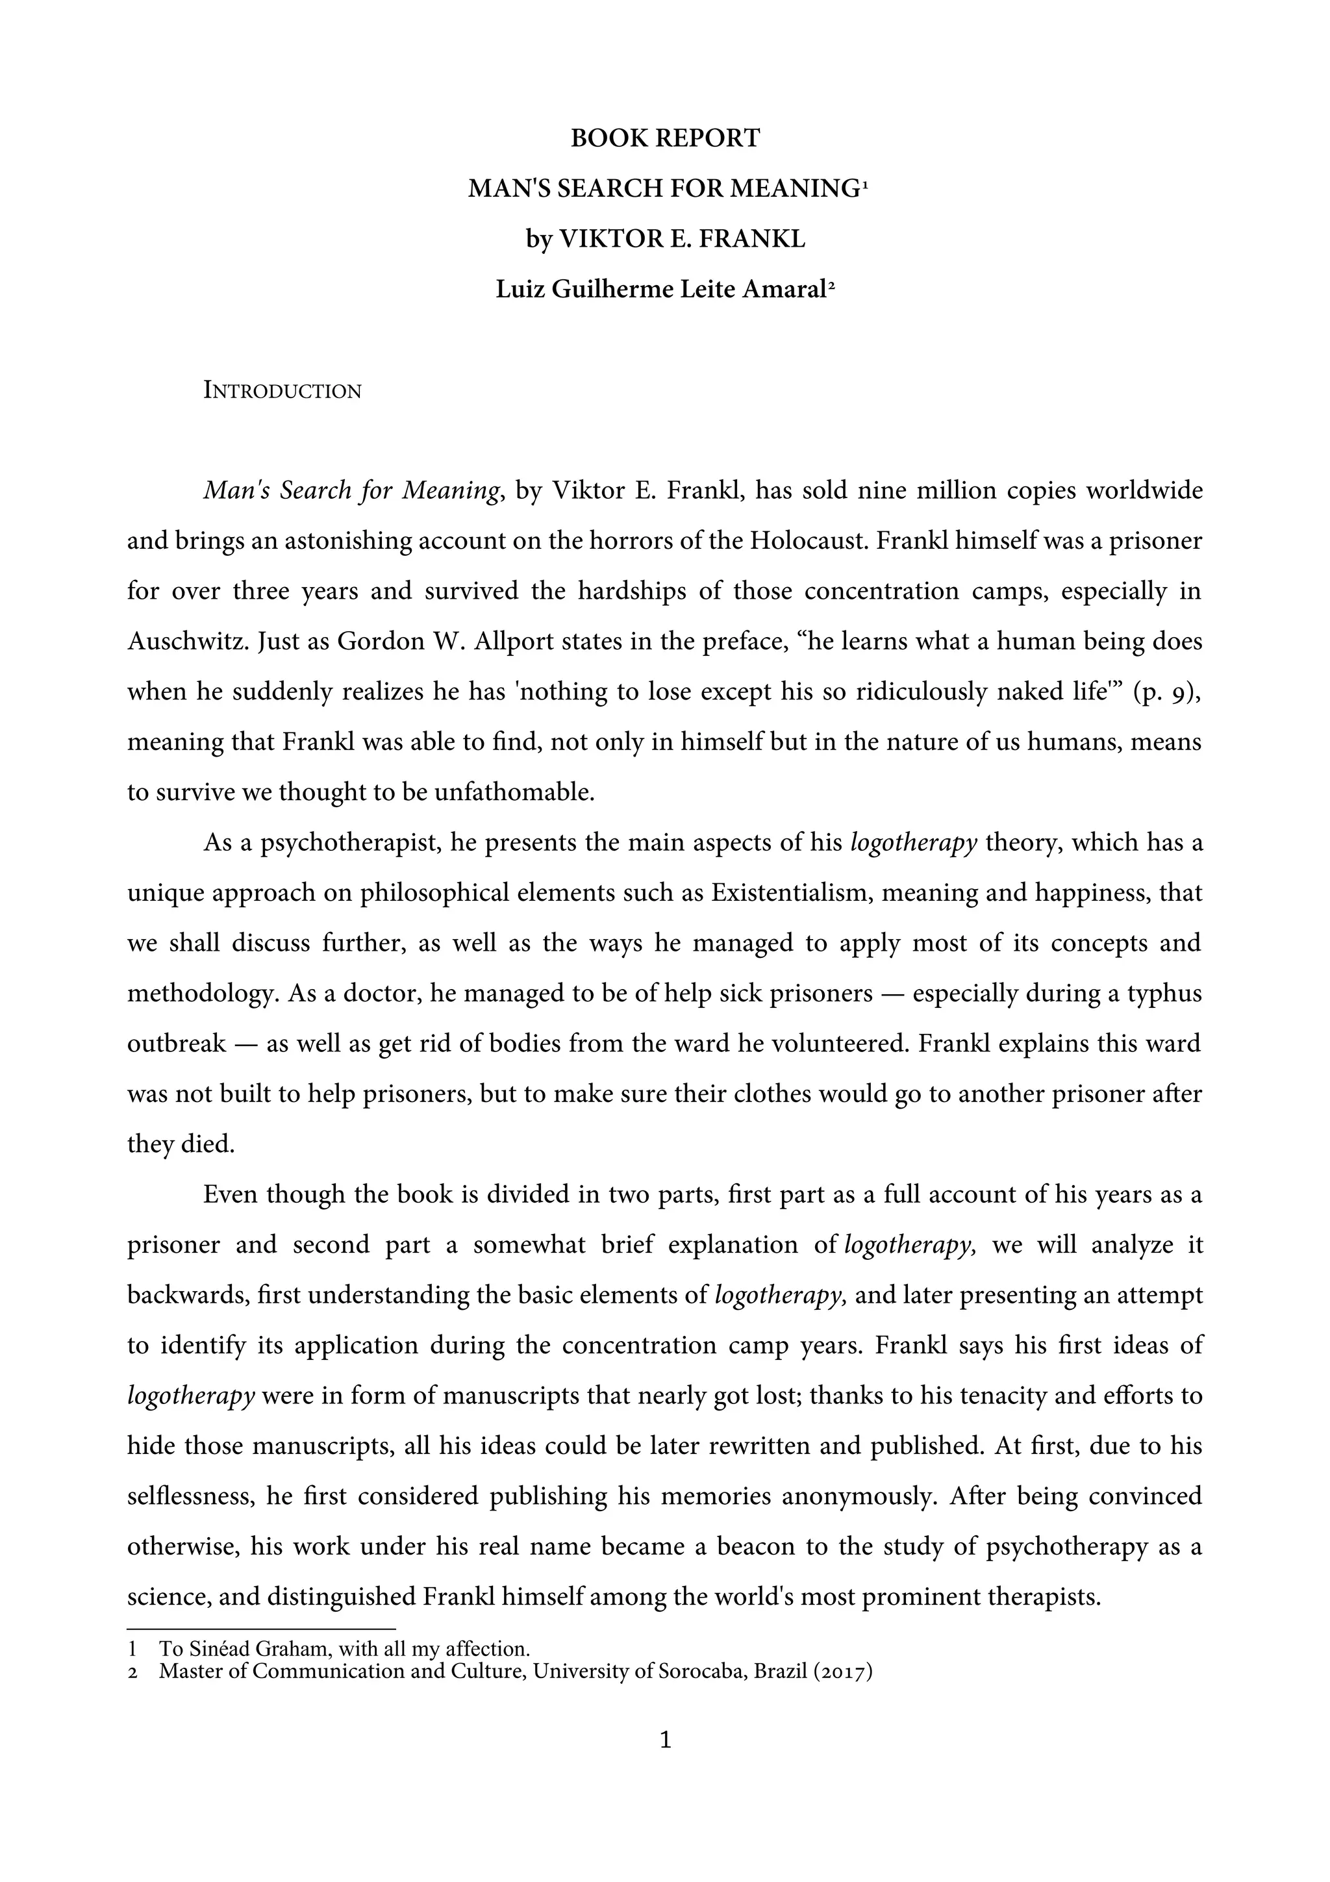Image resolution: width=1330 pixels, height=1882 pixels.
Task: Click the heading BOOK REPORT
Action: tap(664, 138)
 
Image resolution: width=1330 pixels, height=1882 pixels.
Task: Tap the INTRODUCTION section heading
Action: tap(282, 391)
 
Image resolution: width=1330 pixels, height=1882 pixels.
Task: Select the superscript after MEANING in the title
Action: tap(864, 184)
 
